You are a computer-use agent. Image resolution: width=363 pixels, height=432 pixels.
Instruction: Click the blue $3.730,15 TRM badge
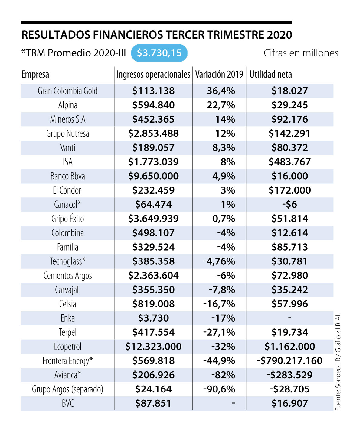tap(159, 53)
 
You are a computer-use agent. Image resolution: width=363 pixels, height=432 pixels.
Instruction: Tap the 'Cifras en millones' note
tap(301, 53)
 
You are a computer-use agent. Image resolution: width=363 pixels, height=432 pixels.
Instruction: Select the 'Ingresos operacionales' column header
tap(153, 75)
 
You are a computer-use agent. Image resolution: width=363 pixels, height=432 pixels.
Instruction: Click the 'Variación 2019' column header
tap(219, 75)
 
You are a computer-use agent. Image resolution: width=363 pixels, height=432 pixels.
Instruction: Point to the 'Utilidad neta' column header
tap(270, 75)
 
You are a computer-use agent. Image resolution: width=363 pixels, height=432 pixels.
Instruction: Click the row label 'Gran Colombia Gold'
tap(67, 91)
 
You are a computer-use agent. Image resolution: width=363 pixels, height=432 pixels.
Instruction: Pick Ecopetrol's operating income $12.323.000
tap(153, 347)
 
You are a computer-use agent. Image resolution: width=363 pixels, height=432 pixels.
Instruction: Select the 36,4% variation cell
tap(221, 91)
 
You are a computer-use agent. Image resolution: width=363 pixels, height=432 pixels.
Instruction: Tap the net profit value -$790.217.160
tap(289, 361)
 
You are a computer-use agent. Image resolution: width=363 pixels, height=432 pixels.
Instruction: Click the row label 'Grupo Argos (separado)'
tap(67, 389)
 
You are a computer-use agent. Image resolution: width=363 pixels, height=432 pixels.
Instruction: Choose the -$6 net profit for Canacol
tap(289, 204)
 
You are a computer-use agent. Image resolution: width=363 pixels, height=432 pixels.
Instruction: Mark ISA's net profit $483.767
tap(289, 162)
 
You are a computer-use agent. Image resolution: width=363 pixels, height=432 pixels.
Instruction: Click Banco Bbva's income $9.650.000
tap(153, 176)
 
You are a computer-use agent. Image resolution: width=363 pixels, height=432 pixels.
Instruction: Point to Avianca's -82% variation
tap(223, 375)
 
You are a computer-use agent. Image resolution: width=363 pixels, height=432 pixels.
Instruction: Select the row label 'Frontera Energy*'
tap(67, 361)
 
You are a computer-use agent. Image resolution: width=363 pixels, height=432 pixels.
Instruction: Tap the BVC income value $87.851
tap(153, 403)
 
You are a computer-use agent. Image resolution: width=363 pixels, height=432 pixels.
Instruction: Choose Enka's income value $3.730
tap(153, 318)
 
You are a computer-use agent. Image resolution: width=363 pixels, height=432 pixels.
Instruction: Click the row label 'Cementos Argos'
tap(67, 276)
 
